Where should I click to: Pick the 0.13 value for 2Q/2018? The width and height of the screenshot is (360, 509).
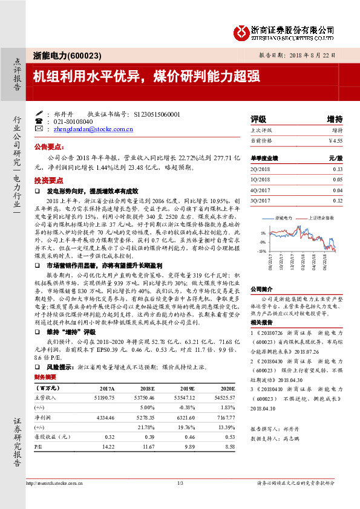(x=338, y=170)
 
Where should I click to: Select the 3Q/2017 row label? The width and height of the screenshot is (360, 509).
(x=260, y=200)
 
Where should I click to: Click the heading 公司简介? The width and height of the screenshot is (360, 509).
(x=262, y=290)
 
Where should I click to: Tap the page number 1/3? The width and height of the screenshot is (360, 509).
(x=180, y=482)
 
